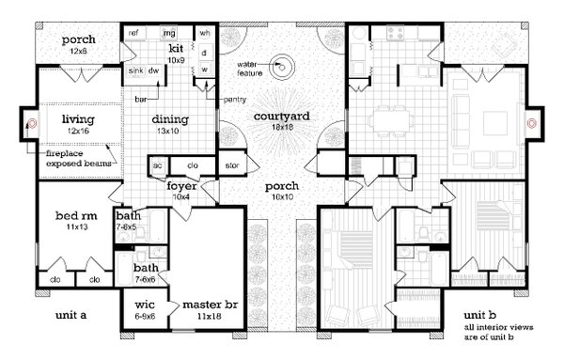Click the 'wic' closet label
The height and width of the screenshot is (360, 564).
pyautogui.click(x=145, y=305)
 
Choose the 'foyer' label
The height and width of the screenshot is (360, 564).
pyautogui.click(x=181, y=186)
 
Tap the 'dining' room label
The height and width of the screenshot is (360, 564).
pyautogui.click(x=171, y=119)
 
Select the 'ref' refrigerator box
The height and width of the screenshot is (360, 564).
pyautogui.click(x=134, y=33)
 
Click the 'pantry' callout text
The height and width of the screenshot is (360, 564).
pyautogui.click(x=234, y=99)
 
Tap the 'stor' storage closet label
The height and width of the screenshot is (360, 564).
pyautogui.click(x=233, y=167)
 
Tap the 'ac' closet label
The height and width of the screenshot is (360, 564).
pyautogui.click(x=157, y=167)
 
